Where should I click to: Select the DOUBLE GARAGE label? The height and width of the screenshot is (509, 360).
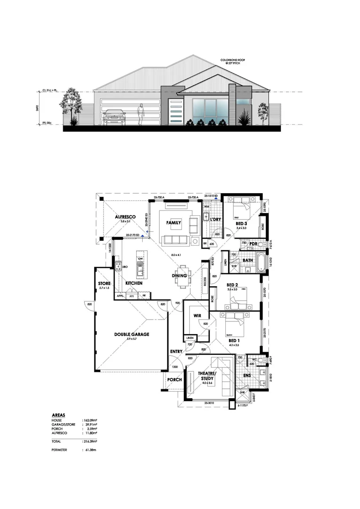(131, 334)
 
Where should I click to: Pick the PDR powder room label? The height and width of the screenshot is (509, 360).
(253, 244)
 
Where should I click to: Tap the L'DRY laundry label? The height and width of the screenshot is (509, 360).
(215, 220)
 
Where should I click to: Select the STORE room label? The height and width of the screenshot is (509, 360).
(104, 284)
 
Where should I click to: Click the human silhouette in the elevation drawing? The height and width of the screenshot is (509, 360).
(140, 115)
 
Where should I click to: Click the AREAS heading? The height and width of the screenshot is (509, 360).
(58, 415)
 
